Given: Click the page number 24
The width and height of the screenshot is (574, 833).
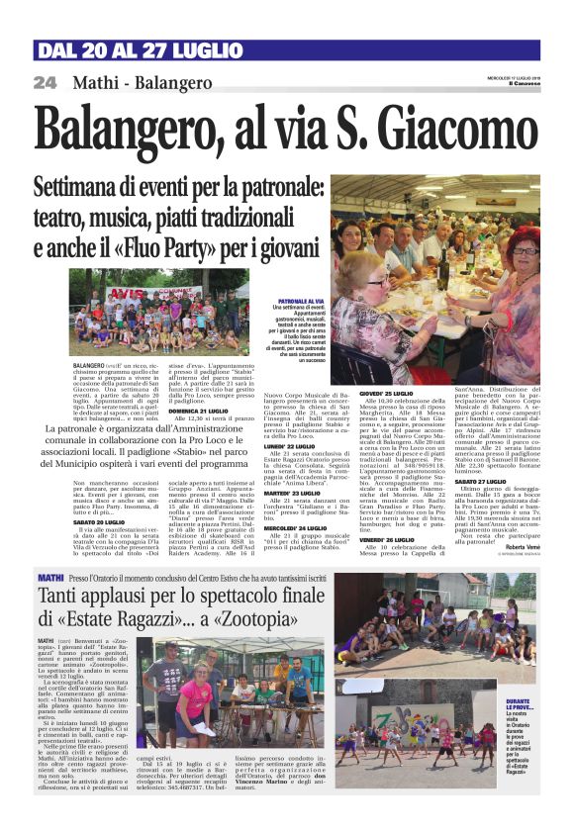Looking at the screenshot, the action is pos(46,83).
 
